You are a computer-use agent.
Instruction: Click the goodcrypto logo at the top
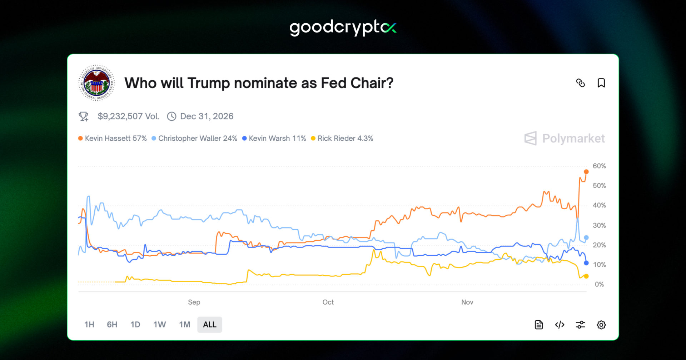click(343, 27)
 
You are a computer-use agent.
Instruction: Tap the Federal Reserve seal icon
click(96, 83)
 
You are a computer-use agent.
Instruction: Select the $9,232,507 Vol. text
click(128, 116)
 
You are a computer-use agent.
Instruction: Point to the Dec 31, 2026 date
click(207, 116)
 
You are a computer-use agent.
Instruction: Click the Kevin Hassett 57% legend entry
click(113, 139)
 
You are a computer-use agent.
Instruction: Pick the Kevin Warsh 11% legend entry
click(274, 139)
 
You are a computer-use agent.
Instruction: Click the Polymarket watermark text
click(573, 139)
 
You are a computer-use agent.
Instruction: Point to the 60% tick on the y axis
click(599, 166)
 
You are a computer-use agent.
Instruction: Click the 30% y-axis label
click(599, 225)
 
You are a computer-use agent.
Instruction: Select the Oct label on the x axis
click(328, 302)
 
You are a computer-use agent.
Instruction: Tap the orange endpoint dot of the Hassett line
click(586, 172)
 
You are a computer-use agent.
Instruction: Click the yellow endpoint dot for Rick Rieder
click(586, 276)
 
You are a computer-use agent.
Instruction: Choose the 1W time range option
click(159, 325)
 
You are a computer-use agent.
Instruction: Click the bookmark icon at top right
click(601, 83)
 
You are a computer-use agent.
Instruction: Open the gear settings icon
click(601, 325)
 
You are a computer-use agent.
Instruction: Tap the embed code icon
click(560, 325)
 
